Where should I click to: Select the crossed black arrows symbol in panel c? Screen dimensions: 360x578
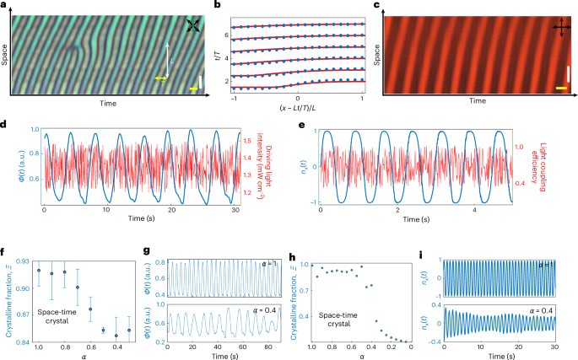tap(559, 29)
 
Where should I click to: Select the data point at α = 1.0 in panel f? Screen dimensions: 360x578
tap(38, 270)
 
